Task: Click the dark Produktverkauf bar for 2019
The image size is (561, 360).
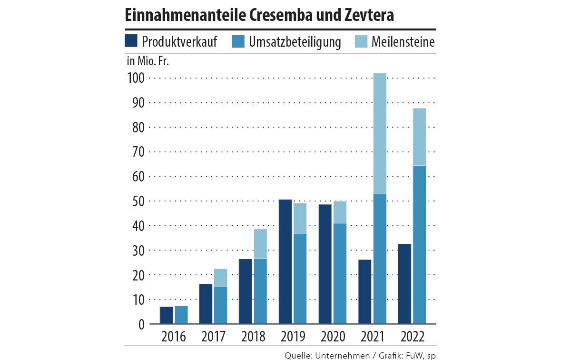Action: (285, 261)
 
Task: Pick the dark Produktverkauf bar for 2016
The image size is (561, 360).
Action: (167, 315)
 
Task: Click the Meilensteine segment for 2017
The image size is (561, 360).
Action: (220, 278)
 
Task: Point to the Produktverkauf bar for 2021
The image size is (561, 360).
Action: (365, 291)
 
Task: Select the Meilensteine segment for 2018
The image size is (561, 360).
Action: (260, 244)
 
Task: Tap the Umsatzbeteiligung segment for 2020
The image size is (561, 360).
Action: (340, 273)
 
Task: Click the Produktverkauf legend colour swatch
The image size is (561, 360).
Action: (131, 41)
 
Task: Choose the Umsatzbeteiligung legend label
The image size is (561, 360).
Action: (295, 42)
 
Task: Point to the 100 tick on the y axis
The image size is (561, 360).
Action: (135, 78)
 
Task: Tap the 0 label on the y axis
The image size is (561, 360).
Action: (141, 324)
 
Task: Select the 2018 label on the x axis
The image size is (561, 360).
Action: (253, 337)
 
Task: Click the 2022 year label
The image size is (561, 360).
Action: (412, 337)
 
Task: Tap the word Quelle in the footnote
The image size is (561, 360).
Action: (298, 355)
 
